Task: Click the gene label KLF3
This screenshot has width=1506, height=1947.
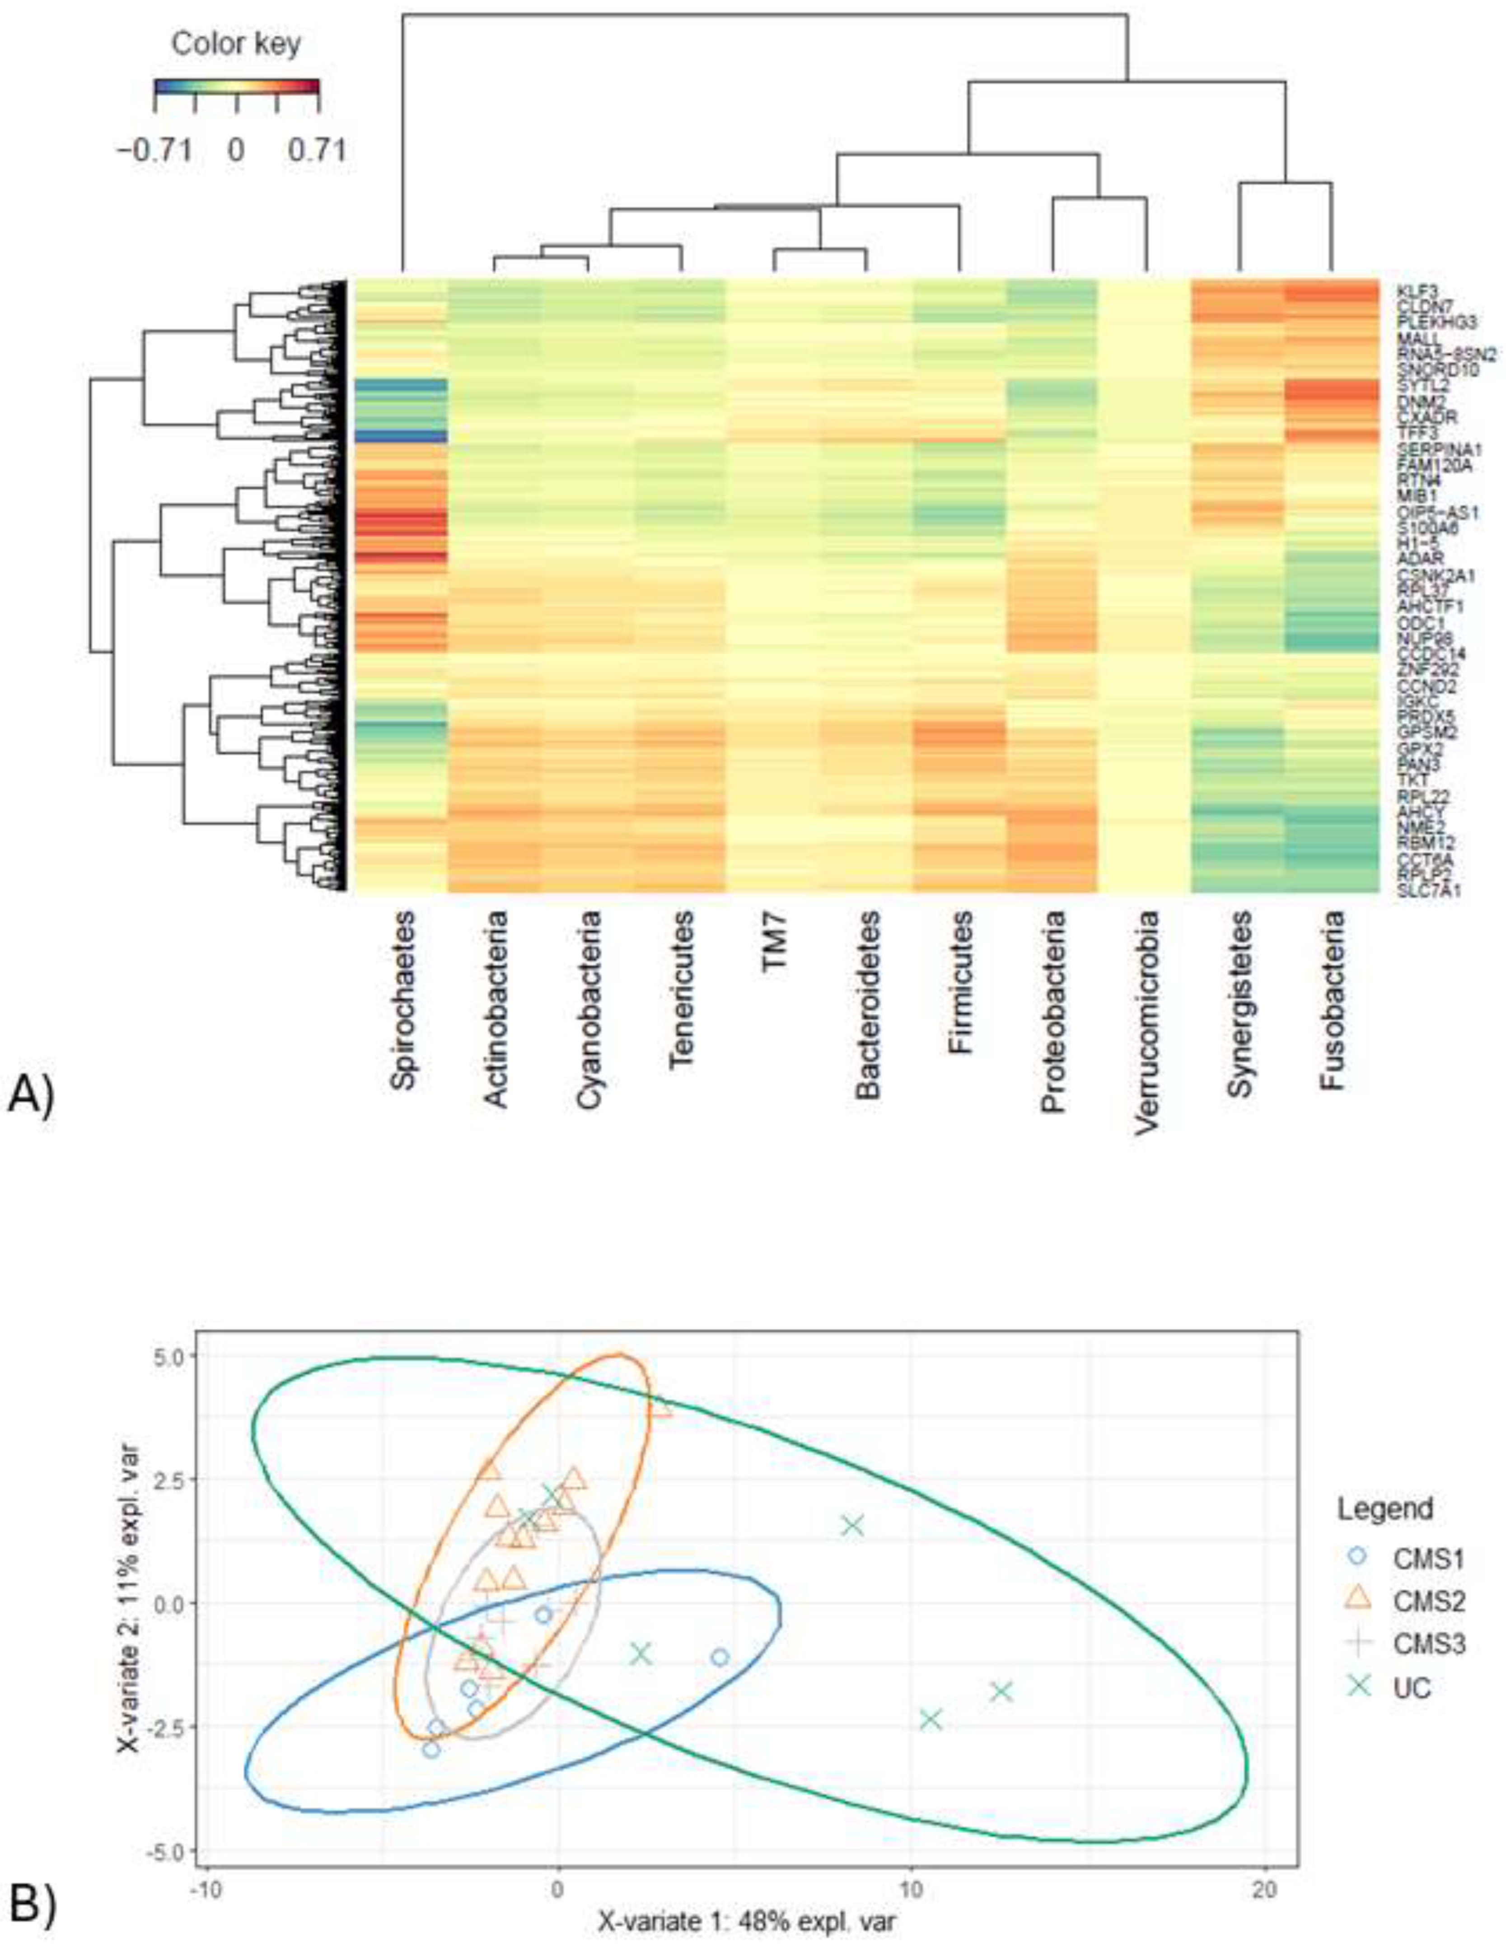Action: click(1414, 290)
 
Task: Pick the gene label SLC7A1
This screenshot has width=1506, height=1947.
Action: click(1422, 889)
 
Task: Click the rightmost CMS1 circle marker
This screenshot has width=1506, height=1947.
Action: click(720, 1657)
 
